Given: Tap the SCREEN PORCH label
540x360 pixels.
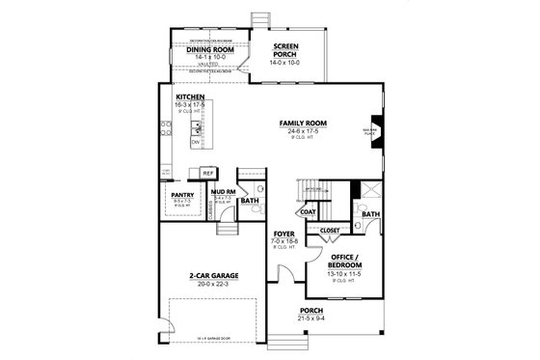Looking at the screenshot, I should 285,49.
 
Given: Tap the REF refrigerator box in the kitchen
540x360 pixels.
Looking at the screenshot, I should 207,173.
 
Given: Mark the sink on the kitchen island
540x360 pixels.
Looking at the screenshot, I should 197,126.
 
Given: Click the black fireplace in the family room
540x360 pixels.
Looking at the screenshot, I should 374,125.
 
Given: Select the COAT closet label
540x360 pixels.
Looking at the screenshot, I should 308,210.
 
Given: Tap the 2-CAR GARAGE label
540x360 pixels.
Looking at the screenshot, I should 214,275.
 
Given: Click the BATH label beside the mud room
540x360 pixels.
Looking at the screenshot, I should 249,200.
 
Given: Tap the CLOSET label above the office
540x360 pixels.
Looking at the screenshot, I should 329,231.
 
